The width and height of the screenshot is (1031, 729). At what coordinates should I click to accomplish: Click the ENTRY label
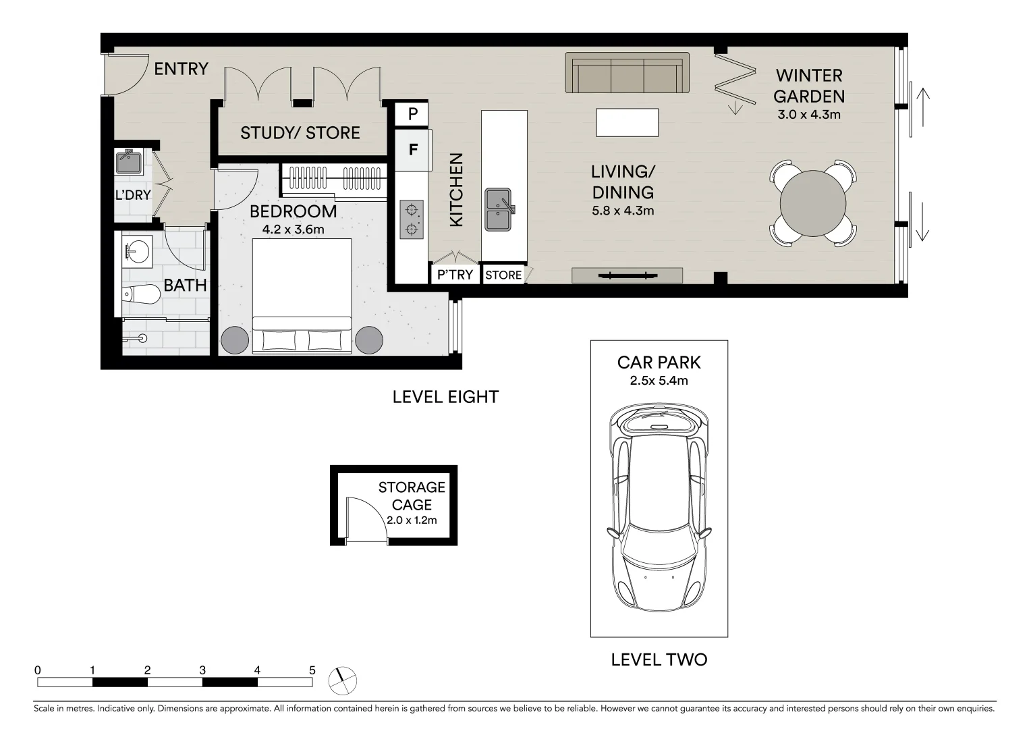(x=181, y=68)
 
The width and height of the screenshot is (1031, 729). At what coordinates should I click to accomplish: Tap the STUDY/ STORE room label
(x=300, y=132)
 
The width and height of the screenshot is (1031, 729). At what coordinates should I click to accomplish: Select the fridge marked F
(x=412, y=149)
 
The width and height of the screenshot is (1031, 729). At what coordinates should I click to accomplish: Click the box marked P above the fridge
(x=412, y=114)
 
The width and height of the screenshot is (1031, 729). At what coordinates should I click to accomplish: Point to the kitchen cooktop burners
(x=411, y=219)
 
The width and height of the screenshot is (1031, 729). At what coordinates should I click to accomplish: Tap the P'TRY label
(x=455, y=275)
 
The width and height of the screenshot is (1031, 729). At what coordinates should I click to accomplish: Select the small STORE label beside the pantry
(x=503, y=275)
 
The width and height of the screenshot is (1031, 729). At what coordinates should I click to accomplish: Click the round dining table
(x=812, y=203)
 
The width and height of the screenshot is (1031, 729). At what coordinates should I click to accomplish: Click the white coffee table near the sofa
(x=627, y=122)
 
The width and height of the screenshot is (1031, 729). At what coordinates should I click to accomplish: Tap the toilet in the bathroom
(x=140, y=294)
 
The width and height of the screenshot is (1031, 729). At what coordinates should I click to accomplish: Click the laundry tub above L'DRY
(x=128, y=162)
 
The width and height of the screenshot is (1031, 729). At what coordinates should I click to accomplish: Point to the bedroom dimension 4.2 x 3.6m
(x=294, y=230)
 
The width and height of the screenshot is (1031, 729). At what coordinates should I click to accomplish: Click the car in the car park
(x=659, y=511)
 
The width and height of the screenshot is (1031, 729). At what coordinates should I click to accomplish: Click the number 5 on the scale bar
(x=312, y=670)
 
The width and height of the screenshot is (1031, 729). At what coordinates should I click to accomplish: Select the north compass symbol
(x=343, y=680)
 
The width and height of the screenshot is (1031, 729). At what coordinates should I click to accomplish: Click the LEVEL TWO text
(x=659, y=659)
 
